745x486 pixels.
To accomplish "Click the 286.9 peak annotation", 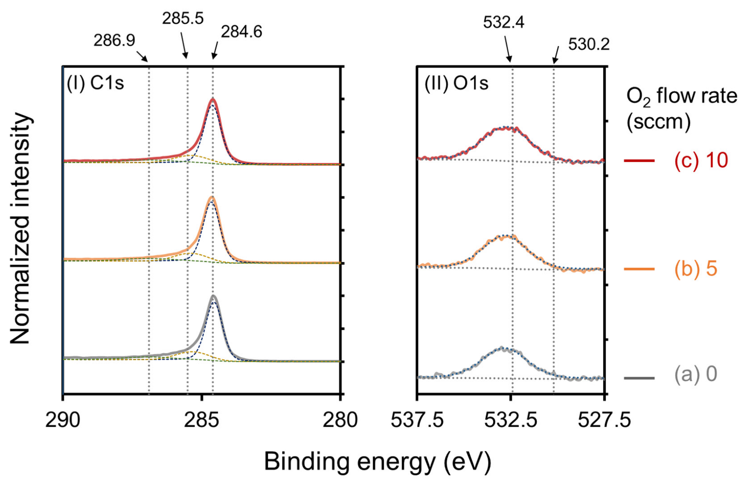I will [114, 41].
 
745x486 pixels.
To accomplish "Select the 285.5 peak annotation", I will [182, 19].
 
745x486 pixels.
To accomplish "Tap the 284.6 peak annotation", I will [241, 32].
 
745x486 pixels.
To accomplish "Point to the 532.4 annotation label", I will [503, 22].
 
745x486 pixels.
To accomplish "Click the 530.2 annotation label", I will [589, 44].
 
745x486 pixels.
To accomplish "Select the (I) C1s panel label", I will [95, 84].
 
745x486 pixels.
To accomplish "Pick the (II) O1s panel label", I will [456, 84].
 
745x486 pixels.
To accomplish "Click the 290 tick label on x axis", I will [63, 420].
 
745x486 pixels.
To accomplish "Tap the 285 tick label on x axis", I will [202, 420].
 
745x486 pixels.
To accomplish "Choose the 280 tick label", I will [340, 420].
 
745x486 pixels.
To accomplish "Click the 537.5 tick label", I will [417, 420].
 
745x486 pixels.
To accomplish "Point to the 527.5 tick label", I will [604, 420].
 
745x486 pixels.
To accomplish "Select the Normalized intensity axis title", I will [21, 229].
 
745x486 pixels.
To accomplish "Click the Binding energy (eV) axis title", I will [378, 462].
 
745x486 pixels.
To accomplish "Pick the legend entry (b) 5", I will [696, 269].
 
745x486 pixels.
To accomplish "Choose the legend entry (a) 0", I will [695, 374].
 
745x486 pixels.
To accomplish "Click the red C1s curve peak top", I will [212, 99].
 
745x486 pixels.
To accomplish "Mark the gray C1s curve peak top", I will [213, 296].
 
